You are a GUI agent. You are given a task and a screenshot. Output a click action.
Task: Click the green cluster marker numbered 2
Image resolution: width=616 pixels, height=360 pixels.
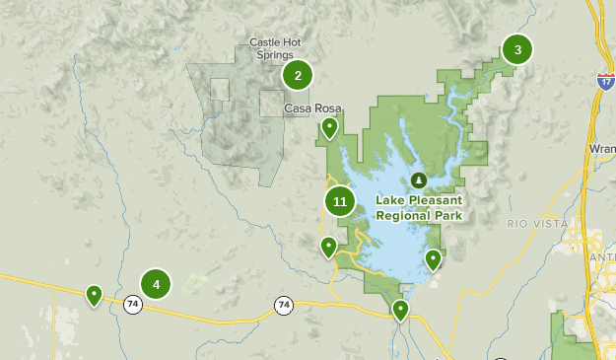click(297, 75)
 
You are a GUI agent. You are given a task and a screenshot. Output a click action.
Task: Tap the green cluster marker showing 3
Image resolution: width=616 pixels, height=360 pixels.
click(516, 49)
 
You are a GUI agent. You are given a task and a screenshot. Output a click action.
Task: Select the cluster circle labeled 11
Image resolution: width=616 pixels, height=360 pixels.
click(340, 202)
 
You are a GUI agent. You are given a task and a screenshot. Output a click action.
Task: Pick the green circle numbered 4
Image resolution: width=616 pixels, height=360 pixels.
click(156, 284)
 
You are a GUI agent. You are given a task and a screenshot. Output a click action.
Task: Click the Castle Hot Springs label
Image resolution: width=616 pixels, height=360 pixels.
click(275, 48)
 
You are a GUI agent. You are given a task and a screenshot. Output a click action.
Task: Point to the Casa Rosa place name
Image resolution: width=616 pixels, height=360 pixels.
click(306, 108)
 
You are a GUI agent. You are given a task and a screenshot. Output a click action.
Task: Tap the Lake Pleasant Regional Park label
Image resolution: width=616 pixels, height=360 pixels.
click(419, 205)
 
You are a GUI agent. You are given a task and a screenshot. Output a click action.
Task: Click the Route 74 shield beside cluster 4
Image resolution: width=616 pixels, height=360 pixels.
click(132, 305)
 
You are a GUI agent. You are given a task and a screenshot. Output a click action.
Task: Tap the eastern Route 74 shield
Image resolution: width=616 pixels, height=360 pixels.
click(284, 305)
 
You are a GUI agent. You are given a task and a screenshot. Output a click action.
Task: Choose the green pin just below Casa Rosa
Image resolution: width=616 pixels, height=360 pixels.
click(329, 127)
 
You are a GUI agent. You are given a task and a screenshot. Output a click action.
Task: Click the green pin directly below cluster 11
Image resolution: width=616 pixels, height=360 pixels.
click(329, 247)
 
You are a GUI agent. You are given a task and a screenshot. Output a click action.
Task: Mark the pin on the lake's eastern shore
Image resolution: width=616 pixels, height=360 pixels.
click(433, 259)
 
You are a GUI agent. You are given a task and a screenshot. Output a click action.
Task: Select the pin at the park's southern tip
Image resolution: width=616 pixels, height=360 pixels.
click(400, 311)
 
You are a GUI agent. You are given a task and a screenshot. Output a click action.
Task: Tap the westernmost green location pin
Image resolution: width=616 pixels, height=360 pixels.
click(94, 294)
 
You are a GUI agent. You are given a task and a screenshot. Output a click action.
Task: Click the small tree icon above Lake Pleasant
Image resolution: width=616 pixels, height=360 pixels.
click(419, 180)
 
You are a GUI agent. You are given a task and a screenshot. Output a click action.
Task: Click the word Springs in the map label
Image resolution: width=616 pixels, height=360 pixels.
click(275, 55)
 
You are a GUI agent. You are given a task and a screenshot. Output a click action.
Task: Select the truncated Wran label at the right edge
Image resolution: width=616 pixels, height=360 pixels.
click(601, 149)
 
